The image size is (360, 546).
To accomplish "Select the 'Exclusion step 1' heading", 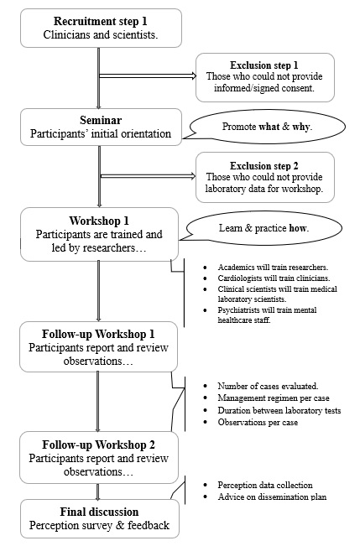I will tap(264, 65).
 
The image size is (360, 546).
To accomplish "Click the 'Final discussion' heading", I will tap(99, 512).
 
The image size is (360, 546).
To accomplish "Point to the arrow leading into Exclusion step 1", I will tap(147, 75).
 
